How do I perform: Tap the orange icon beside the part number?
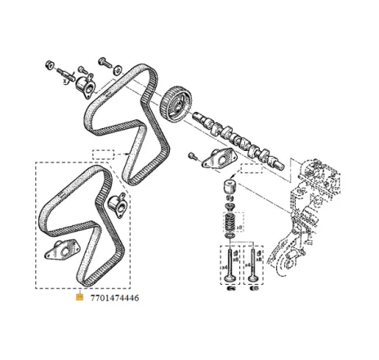[78, 298]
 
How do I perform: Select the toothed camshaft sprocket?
[175, 102]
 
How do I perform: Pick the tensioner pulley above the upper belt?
[81, 88]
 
